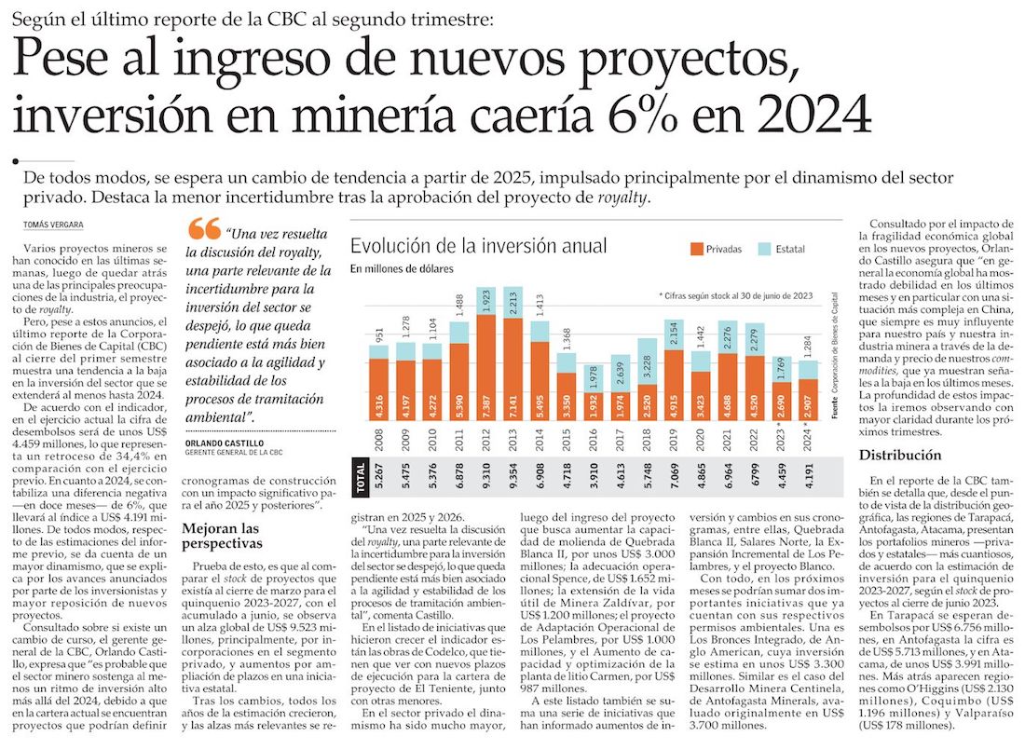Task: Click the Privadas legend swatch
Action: [697, 250]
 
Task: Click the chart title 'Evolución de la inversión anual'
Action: [478, 246]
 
